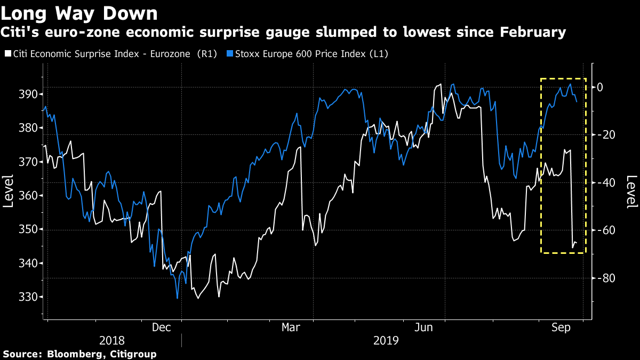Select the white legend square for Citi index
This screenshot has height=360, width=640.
tap(6, 54)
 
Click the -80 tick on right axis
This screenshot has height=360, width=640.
tap(607, 278)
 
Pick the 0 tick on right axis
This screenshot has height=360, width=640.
tap(600, 87)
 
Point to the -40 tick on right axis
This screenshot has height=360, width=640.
tap(607, 182)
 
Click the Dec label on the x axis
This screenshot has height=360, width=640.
tap(162, 327)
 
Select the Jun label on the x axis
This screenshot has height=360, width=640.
tap(424, 327)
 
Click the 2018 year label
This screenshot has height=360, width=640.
tap(112, 340)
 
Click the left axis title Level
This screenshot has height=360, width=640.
tap(9, 190)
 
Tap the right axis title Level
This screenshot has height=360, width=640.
tap(631, 190)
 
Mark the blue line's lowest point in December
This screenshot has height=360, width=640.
tap(177, 298)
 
